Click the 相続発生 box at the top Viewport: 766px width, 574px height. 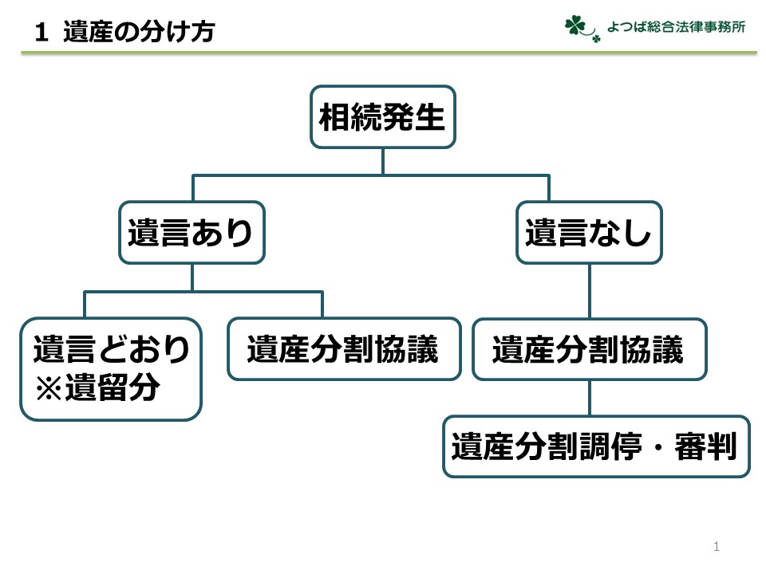pos(383,116)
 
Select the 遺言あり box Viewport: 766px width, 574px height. pos(192,232)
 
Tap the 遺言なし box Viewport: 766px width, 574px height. pos(589,232)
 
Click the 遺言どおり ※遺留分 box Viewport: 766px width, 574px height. pos(111,369)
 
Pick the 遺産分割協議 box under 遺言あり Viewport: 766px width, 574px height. pos(345,349)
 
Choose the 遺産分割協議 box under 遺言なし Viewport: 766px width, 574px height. pos(590,349)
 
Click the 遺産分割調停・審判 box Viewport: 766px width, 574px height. pos(596,446)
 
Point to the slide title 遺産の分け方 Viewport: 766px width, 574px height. pos(139,32)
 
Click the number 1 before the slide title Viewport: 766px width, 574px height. pos(41,32)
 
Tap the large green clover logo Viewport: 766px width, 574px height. pos(574,26)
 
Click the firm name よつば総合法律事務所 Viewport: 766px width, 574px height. pos(676,26)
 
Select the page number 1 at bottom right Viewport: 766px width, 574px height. pos(717,546)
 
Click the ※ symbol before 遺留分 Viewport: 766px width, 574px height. pos(49,388)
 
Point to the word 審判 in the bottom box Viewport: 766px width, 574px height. pos(705,446)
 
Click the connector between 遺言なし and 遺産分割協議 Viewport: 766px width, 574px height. pos(590,291)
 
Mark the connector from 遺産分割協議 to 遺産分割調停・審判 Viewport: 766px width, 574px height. pos(590,398)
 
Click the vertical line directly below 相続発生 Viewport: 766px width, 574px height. pos(383,161)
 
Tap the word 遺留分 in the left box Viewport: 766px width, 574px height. pos(113,387)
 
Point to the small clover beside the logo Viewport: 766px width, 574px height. pos(596,39)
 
